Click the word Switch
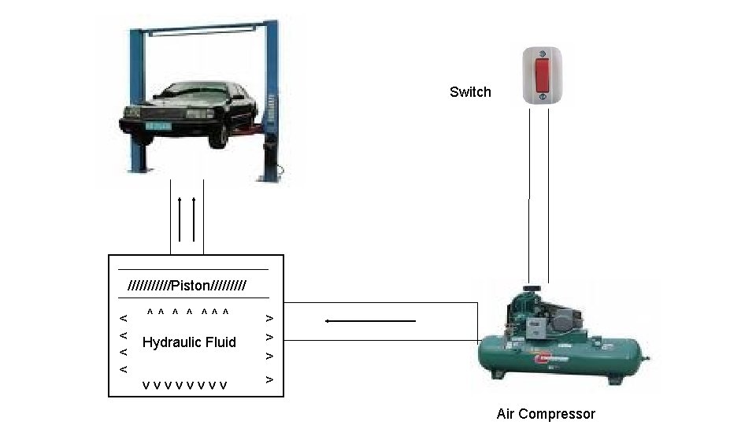[470, 92]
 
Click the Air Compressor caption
[546, 414]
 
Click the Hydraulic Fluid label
[189, 342]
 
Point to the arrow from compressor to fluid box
[370, 321]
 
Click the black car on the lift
[189, 114]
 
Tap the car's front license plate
[157, 125]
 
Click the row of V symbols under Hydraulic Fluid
[185, 385]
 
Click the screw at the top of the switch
[542, 55]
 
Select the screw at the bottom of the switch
[542, 98]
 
